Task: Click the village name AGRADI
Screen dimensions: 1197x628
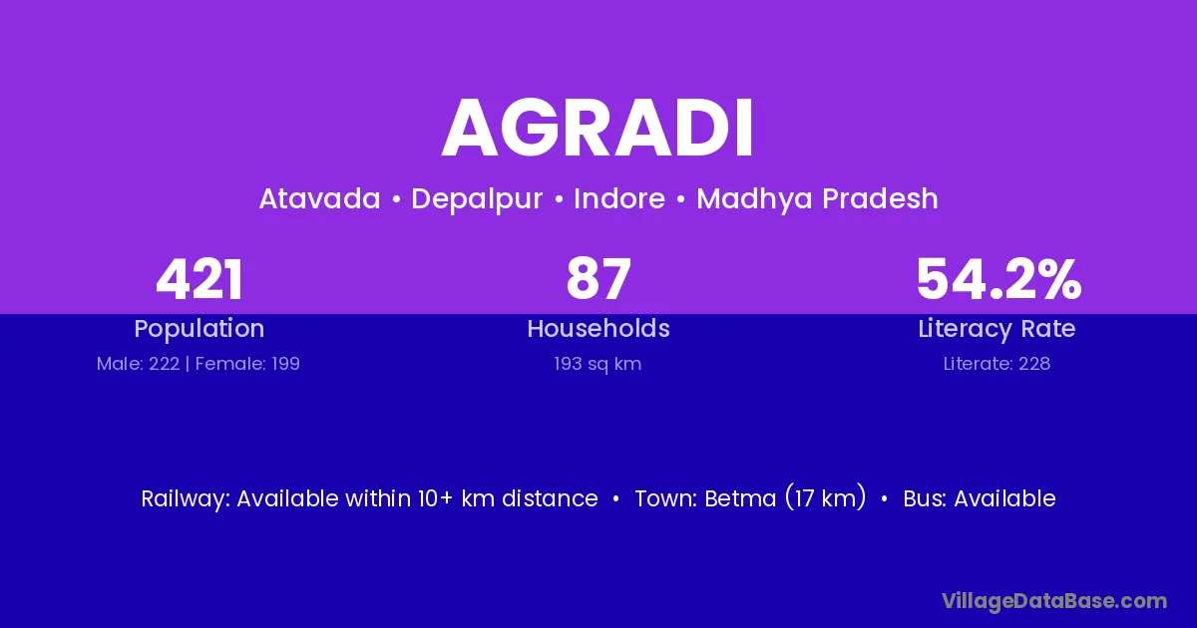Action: (x=598, y=129)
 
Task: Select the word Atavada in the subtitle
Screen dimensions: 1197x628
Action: (x=319, y=198)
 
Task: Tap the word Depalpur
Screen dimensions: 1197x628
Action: (x=477, y=199)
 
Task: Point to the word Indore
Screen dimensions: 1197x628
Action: (x=619, y=198)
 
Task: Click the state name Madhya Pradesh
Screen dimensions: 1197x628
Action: (x=817, y=199)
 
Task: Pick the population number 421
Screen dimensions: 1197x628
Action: (x=199, y=279)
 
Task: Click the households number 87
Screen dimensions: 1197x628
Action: (x=598, y=279)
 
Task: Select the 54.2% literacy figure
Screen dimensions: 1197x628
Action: (x=998, y=279)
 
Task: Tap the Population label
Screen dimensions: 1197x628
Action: (x=199, y=329)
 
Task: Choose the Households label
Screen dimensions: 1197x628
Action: (x=598, y=328)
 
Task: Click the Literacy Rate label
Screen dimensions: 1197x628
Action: (x=997, y=329)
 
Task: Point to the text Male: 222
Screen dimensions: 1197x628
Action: (x=138, y=364)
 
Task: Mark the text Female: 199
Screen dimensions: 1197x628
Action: (x=247, y=364)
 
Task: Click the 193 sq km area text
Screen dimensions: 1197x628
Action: (x=598, y=364)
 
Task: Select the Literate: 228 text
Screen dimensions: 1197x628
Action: (x=997, y=364)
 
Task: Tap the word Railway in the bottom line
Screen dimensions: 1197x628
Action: (x=185, y=499)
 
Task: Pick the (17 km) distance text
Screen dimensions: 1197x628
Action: (x=826, y=498)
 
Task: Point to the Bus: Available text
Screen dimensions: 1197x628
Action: (x=980, y=498)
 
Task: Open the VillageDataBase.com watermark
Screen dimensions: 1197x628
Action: (x=1054, y=601)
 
